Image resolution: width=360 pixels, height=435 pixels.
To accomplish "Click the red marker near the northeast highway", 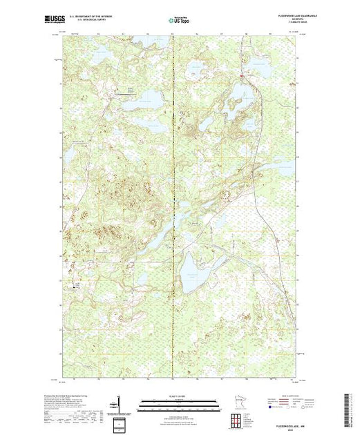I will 241,75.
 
